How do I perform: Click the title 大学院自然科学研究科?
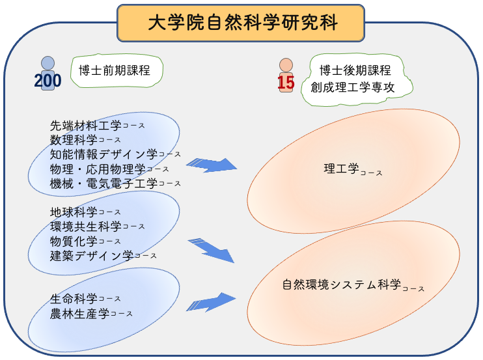241,23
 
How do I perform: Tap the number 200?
48,81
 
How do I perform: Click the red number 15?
286,83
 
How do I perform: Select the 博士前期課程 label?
114,70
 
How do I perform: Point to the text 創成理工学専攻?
352,87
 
